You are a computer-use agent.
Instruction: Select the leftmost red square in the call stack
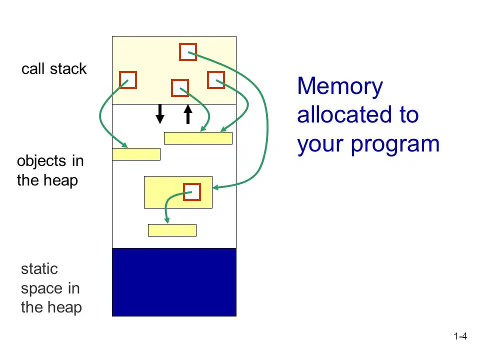[120, 80]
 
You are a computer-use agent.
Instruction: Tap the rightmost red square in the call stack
[208, 80]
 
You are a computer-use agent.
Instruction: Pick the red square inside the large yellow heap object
[184, 192]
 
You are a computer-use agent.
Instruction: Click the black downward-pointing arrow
[160, 114]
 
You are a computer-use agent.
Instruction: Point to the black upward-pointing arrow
[188, 114]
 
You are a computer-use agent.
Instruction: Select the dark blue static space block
[174, 282]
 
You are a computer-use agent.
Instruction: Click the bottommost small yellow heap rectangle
[172, 230]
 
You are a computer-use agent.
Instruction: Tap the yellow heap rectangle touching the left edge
[136, 154]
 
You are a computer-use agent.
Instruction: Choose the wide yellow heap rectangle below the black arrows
[198, 138]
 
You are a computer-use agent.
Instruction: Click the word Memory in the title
[340, 86]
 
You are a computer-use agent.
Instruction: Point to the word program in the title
[395, 144]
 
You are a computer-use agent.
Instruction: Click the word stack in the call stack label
[68, 68]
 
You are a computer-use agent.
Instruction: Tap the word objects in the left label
[41, 161]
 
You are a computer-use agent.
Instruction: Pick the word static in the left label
[39, 269]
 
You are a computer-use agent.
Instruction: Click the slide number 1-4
[460, 336]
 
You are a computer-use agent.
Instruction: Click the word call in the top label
[33, 68]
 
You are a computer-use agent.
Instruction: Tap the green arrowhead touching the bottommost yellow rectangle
[167, 220]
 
